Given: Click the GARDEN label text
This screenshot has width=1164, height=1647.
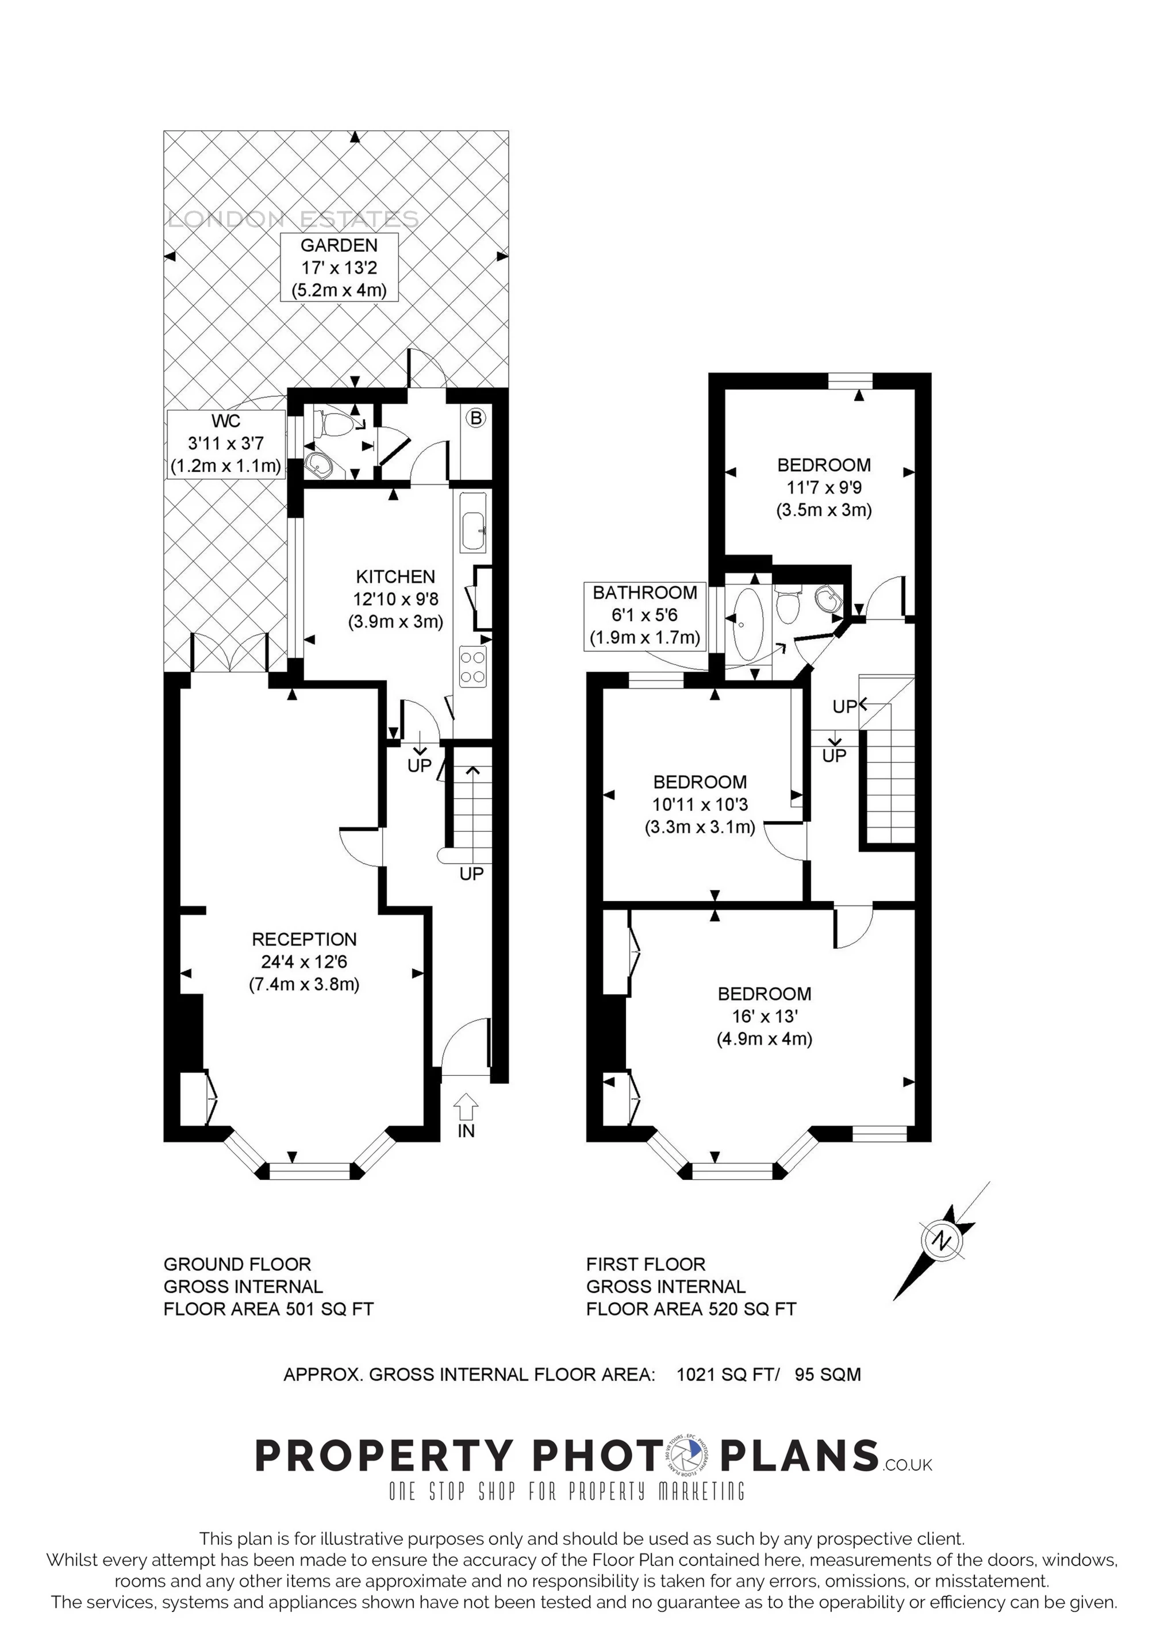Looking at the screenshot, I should click(x=338, y=245).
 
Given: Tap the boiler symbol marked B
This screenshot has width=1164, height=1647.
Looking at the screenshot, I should click(x=475, y=418).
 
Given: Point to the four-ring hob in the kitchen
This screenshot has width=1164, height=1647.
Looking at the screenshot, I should click(x=472, y=665).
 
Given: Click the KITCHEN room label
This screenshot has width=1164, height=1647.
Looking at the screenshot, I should click(x=395, y=577).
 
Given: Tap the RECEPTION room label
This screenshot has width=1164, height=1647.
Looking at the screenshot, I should click(x=304, y=939).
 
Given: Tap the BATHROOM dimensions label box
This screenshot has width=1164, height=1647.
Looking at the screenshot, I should click(x=644, y=615).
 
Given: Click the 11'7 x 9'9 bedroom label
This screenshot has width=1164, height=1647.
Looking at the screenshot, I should click(x=824, y=488).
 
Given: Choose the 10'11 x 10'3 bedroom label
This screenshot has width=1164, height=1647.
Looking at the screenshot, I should click(x=700, y=804).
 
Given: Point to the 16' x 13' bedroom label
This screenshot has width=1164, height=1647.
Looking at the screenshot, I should click(x=765, y=1016).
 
